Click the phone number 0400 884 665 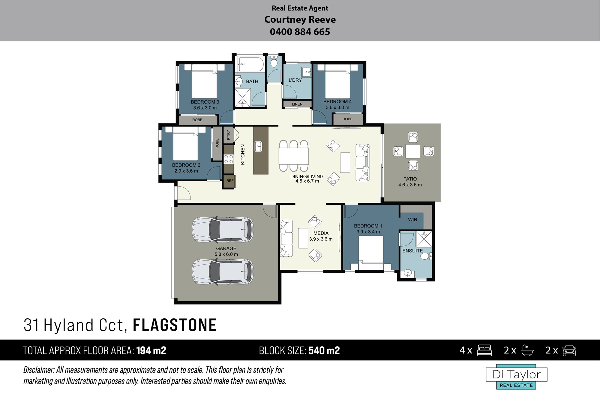pos(300,32)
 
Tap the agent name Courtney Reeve pos(300,20)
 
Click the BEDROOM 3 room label pos(205,102)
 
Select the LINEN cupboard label pos(297,104)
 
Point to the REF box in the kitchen pos(230,181)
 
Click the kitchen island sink pos(258,146)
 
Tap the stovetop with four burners pos(229,159)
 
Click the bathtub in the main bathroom pos(251,64)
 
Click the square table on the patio pos(413,151)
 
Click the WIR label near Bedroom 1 pos(412,220)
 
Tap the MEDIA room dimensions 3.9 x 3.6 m pos(321,239)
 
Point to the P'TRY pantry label pos(229,135)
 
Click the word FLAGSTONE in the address pos(175,325)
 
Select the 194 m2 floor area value pos(151,350)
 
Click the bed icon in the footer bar pos(484,350)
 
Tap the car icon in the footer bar pos(569,350)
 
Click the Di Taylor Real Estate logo pos(517,377)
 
